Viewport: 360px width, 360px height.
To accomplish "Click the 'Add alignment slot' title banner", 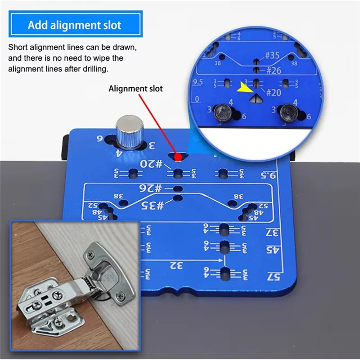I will click(x=75, y=25).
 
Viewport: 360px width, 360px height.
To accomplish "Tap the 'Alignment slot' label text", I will click(x=135, y=89).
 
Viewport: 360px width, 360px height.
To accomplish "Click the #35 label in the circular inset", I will click(x=272, y=56).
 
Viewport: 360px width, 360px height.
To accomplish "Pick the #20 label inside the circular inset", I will click(x=274, y=92).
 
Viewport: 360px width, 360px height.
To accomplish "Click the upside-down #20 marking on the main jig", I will click(x=152, y=164).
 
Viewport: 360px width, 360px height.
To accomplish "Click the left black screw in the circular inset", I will click(x=221, y=112).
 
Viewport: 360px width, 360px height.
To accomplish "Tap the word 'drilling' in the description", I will click(x=94, y=69).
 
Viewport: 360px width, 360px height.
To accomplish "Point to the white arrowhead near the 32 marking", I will click(x=221, y=260).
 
